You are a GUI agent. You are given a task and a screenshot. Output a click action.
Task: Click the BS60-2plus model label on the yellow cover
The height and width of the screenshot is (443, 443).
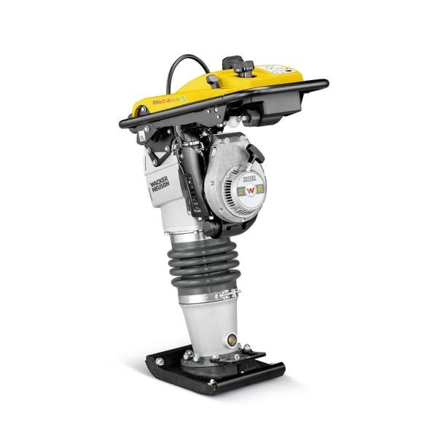[165, 94]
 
